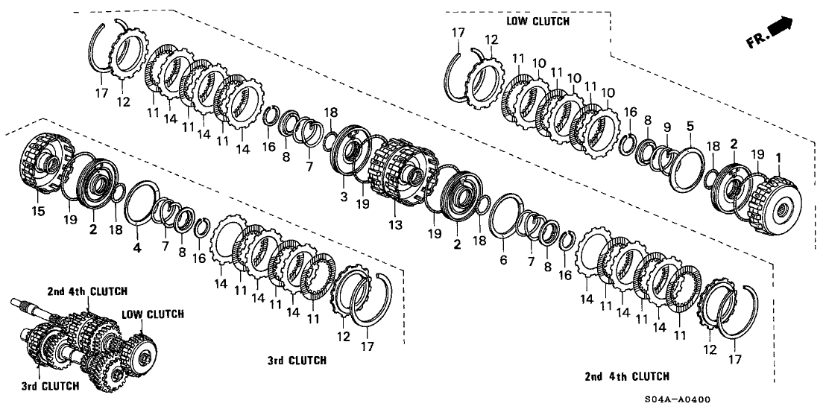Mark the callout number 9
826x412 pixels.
pos(667,126)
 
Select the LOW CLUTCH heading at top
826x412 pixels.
pos(537,21)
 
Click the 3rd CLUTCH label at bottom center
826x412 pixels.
pos(296,361)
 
